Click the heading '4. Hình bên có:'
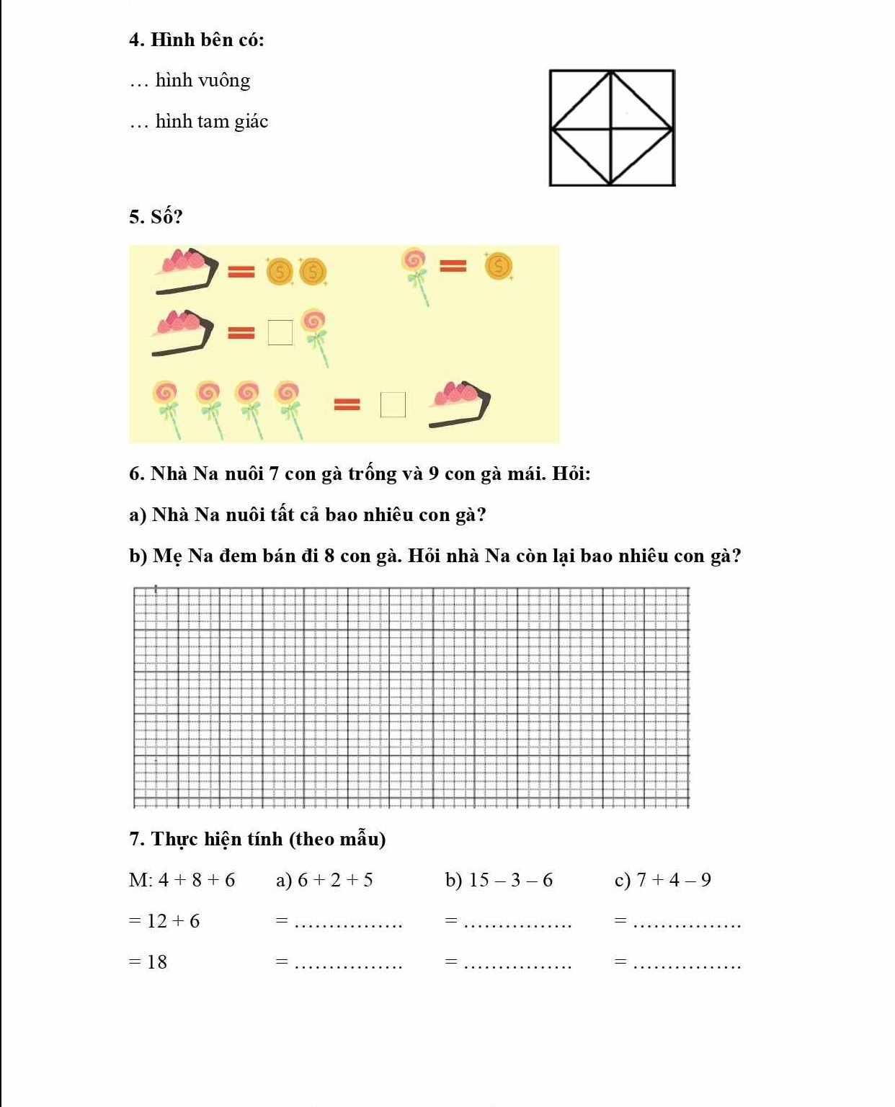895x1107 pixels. point(197,40)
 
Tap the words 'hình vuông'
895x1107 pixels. point(202,81)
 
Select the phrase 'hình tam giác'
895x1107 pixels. point(211,122)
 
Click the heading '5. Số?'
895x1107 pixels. point(156,217)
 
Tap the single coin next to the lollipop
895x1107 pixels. point(498,267)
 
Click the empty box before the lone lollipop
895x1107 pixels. point(280,333)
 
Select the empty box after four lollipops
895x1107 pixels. point(393,405)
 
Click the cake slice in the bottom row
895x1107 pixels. point(459,404)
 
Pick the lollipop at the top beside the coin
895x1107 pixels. point(417,273)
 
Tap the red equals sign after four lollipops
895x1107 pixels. point(347,405)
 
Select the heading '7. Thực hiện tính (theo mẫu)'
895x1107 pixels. point(257,840)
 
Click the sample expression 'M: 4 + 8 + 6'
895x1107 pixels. point(182,881)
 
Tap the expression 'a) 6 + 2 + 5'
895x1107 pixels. point(324,881)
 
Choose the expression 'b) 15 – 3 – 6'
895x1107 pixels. point(499,881)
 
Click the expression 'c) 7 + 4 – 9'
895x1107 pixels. point(663,881)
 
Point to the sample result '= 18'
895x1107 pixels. point(148,962)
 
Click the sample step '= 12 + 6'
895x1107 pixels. point(164,921)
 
